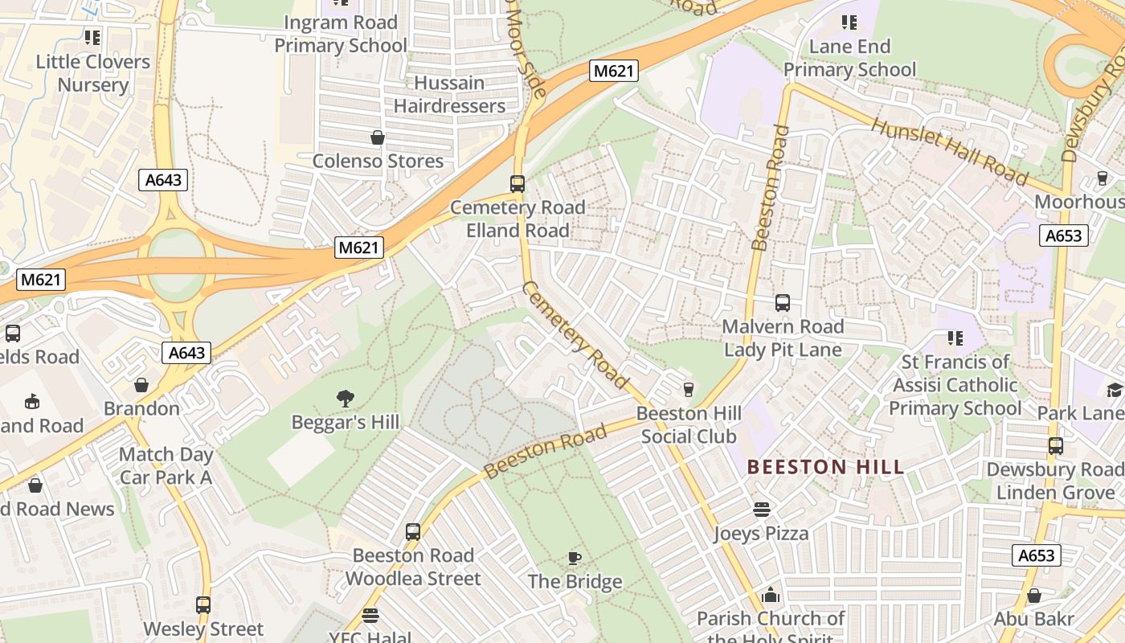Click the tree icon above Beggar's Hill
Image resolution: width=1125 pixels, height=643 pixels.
(346, 398)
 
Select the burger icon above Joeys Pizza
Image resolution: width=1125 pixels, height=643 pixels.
(761, 509)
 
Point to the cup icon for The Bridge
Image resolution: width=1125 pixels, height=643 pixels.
(575, 557)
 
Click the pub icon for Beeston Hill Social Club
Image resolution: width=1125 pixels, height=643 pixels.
(688, 390)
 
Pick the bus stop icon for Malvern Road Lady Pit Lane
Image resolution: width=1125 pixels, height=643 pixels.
(783, 303)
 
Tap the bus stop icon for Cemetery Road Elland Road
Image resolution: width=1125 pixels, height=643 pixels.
(517, 183)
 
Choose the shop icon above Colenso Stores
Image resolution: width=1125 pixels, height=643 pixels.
(377, 137)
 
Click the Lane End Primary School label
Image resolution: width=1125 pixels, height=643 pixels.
(849, 58)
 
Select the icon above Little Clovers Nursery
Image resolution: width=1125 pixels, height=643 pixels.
(92, 37)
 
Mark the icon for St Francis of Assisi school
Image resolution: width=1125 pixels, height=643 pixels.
(955, 338)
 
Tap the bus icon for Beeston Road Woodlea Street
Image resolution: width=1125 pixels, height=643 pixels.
(413, 531)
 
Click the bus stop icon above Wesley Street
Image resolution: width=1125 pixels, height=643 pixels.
(203, 605)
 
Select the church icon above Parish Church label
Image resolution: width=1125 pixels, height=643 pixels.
(771, 595)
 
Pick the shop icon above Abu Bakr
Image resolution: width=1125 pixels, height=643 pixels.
(1034, 596)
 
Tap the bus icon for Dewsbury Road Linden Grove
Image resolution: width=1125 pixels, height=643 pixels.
(1055, 445)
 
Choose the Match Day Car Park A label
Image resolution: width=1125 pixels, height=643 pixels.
(166, 465)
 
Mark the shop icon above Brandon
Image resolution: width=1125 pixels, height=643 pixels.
(141, 385)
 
